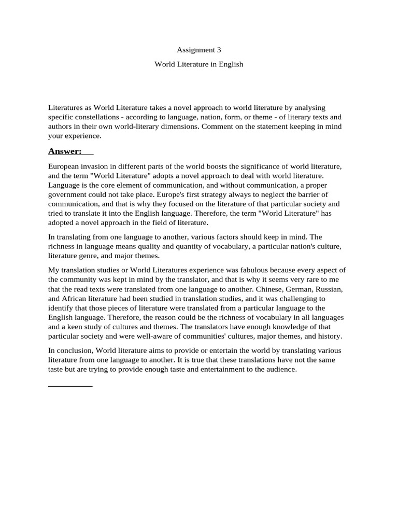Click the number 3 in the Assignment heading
click(211, 50)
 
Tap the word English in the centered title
click(231, 65)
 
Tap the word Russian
click(328, 289)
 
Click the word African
click(77, 299)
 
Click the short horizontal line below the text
click(70, 386)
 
